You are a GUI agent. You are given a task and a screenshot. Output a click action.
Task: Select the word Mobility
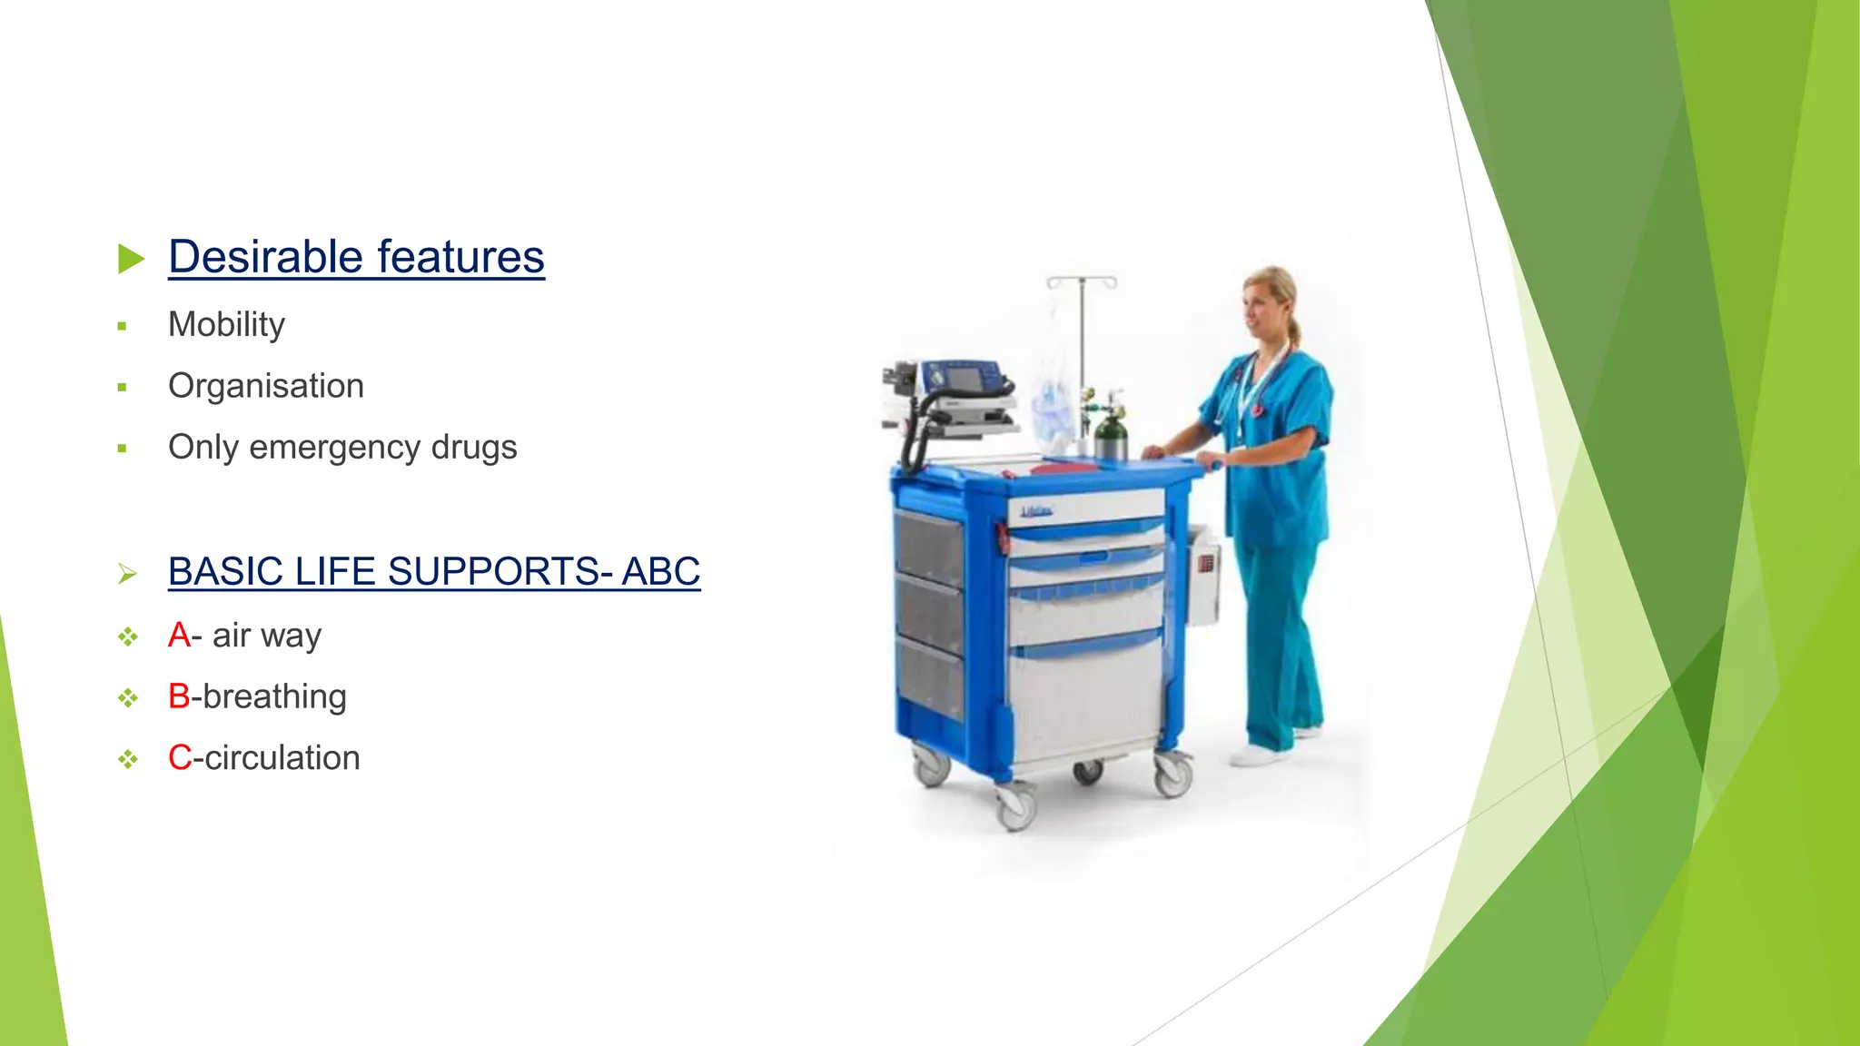pos(226,325)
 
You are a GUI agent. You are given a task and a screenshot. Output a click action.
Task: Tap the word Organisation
pos(266,387)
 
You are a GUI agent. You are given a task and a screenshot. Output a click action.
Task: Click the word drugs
pos(473,448)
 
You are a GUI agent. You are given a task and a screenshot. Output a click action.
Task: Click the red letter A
pos(179,636)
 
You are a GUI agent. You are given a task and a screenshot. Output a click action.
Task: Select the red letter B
pos(179,696)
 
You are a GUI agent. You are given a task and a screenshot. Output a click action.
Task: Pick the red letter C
pos(179,758)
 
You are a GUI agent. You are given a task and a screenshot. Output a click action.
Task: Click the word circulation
pos(282,758)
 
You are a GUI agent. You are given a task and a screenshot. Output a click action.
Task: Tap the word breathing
pos(274,696)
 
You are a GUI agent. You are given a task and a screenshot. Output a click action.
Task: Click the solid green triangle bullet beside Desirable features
pos(131,259)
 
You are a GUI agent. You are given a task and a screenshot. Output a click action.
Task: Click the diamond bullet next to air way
pos(128,637)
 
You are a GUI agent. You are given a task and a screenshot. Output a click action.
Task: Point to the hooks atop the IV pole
pos(1081,281)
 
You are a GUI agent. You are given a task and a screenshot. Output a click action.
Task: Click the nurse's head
pos(1270,300)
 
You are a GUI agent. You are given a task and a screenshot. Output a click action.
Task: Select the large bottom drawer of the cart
pos(1087,699)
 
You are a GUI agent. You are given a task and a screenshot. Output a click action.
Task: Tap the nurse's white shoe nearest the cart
pos(1259,755)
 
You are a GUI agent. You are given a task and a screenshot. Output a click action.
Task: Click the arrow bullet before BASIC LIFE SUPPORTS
pos(127,574)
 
